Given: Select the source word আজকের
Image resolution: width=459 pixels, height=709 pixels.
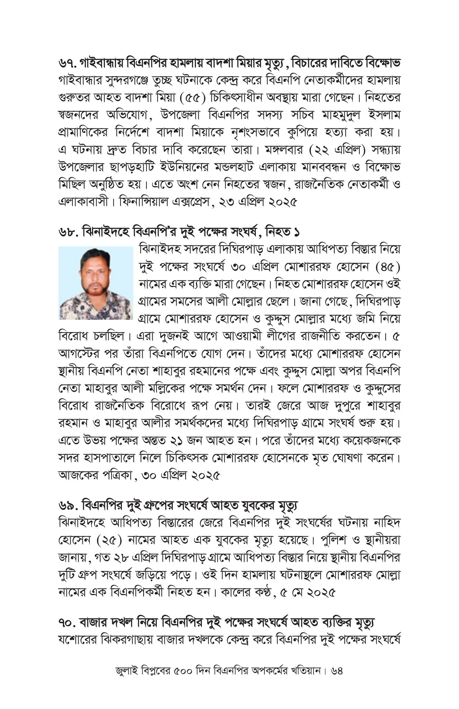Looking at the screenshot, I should [74, 475].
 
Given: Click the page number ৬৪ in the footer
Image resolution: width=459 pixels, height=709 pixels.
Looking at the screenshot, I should [337, 671].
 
